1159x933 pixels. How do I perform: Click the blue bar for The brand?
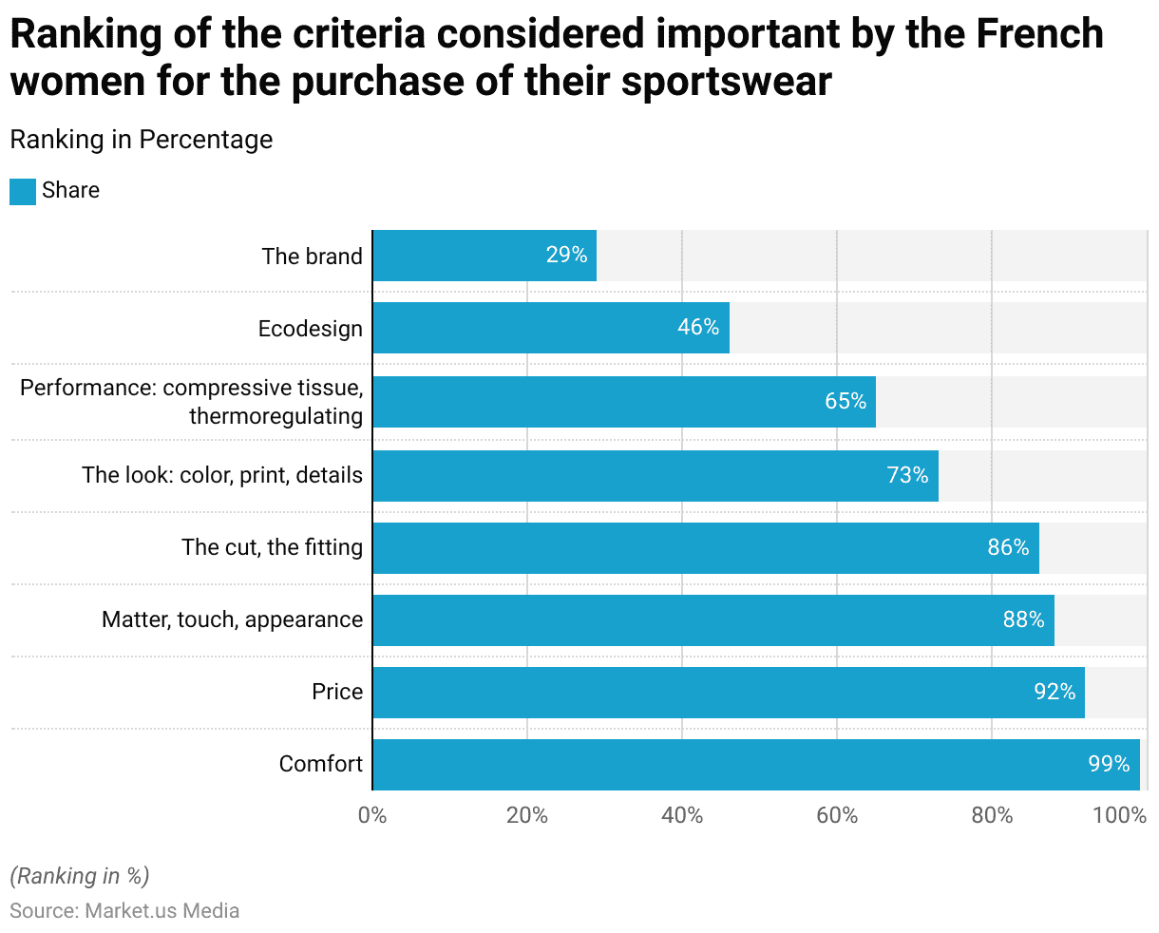click(484, 256)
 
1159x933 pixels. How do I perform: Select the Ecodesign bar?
click(551, 328)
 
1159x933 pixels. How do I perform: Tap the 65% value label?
click(845, 401)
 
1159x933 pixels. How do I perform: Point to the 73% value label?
click(907, 475)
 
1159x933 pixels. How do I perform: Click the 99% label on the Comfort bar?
click(1109, 764)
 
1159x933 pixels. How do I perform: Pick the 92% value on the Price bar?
click(1054, 692)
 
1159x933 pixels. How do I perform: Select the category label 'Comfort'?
click(321, 764)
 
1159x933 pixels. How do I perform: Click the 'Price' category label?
click(337, 692)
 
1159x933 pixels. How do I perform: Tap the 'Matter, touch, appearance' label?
click(233, 619)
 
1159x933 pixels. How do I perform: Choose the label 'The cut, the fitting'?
click(273, 547)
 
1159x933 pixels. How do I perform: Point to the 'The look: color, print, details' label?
click(222, 475)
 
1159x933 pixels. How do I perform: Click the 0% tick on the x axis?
click(372, 815)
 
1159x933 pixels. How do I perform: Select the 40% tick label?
click(682, 815)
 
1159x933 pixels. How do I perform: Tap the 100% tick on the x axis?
click(1120, 815)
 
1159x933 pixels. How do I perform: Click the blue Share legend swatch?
click(23, 191)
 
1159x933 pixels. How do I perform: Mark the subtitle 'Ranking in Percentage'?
click(142, 140)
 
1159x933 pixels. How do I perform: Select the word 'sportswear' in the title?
click(727, 82)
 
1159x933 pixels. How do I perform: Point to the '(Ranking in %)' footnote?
click(80, 875)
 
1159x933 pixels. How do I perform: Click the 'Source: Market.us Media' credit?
click(124, 910)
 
